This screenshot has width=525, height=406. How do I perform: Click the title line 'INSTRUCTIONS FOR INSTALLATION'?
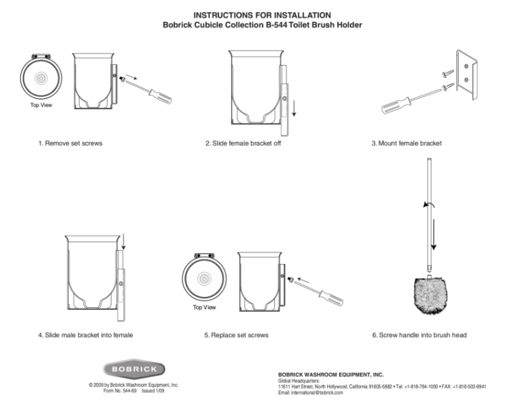262,15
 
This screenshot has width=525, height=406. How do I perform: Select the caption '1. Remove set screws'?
70,143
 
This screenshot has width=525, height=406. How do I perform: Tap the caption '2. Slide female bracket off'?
243,143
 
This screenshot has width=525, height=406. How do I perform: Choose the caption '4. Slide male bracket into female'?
85,335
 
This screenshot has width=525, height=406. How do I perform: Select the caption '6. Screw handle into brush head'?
419,335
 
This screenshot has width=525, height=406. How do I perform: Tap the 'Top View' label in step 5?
204,307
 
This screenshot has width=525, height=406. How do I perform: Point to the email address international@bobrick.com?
311,392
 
